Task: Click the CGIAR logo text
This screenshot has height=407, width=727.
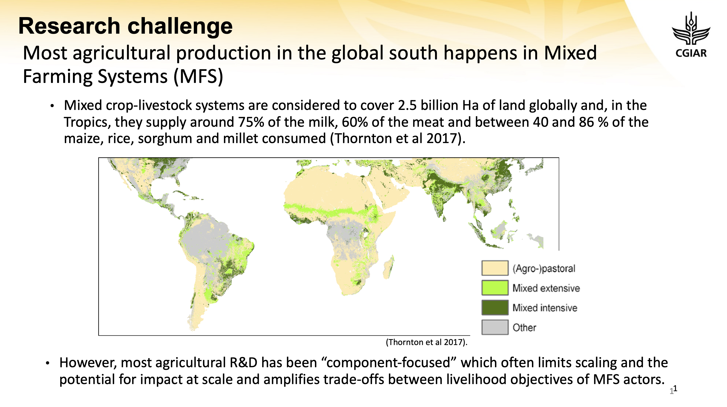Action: [x=691, y=53]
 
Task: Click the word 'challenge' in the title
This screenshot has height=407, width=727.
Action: [x=180, y=26]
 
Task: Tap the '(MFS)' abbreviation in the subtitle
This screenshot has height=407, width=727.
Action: [x=198, y=77]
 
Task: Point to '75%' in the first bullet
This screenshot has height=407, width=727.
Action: [x=251, y=122]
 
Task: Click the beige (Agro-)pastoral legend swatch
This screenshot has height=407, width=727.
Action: [x=495, y=268]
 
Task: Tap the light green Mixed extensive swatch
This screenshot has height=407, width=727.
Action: [x=495, y=288]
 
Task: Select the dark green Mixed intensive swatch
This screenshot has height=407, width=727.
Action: [x=495, y=307]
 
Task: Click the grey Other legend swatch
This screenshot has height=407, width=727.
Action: [x=495, y=327]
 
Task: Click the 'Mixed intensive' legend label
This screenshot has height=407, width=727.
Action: [x=545, y=308]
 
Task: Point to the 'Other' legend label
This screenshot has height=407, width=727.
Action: [x=524, y=327]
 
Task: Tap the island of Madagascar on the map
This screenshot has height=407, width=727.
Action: [x=389, y=267]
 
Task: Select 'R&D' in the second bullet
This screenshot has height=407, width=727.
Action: [x=243, y=363]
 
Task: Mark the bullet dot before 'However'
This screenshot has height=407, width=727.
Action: [x=48, y=363]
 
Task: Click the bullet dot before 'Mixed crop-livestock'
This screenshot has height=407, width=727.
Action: [x=52, y=106]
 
